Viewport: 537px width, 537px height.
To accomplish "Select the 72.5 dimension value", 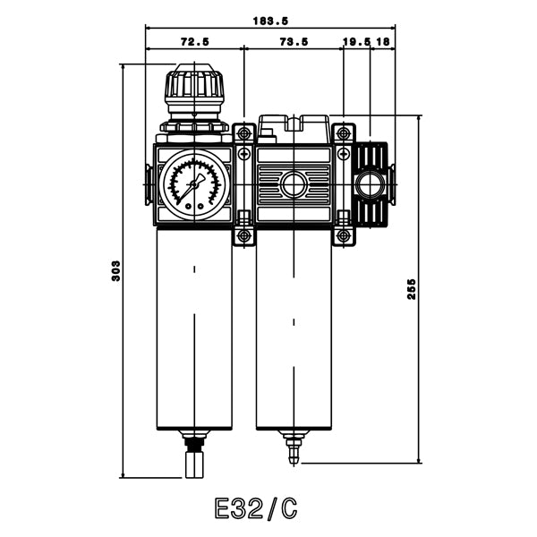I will [194, 41].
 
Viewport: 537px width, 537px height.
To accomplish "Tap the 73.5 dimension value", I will [294, 41].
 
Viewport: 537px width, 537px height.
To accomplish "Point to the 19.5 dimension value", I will [356, 41].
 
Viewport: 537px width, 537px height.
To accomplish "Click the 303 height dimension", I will [115, 270].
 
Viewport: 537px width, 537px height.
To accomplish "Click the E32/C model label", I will [256, 508].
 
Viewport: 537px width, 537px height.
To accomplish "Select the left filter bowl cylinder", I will [194, 328].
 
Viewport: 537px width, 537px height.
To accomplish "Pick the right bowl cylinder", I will [294, 328].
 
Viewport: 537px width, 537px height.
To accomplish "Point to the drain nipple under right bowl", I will [294, 447].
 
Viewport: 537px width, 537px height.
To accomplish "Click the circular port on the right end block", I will [369, 186].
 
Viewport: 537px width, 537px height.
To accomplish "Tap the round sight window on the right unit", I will [294, 186].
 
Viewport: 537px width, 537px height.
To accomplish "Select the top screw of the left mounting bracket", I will [244, 134].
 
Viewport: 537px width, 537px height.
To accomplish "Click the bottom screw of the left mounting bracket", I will [244, 237].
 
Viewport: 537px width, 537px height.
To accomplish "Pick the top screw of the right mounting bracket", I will [344, 134].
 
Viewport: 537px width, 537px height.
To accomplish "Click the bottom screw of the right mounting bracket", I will [344, 237].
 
